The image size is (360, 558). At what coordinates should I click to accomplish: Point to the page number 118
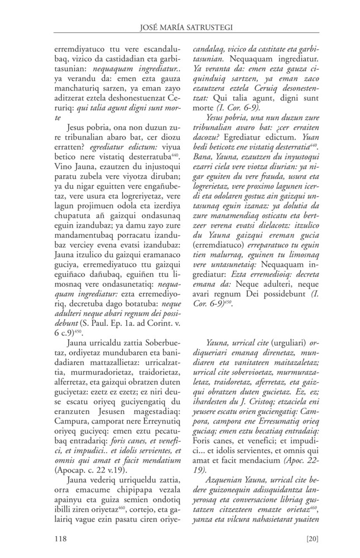click(60, 538)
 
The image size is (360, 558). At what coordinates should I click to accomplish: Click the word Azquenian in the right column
click(224, 464)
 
